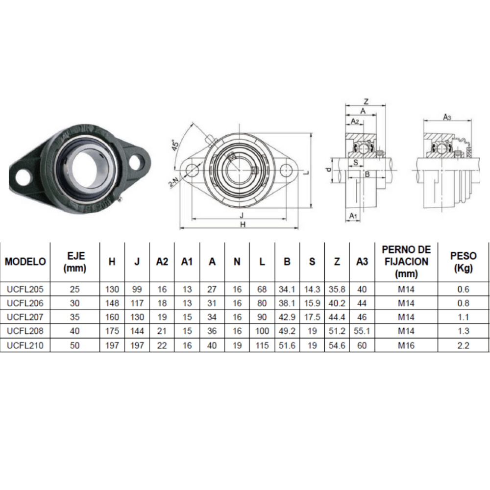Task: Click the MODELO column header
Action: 25,262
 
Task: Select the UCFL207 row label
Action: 25,317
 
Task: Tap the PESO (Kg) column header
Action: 463,262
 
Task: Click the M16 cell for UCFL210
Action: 406,345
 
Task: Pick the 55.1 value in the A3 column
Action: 362,331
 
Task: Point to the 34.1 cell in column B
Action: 287,289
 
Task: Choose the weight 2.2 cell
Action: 463,345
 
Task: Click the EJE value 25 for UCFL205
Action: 75,289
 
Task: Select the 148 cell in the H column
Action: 112,303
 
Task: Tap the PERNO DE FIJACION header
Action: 406,262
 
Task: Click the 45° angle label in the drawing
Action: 175,146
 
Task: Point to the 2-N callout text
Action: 173,182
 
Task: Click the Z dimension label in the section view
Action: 366,101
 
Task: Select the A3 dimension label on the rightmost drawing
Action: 447,117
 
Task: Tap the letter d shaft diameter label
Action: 329,170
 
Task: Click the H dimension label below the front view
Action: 242,224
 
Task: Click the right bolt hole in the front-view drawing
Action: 287,170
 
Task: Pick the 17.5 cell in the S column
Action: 312,317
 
